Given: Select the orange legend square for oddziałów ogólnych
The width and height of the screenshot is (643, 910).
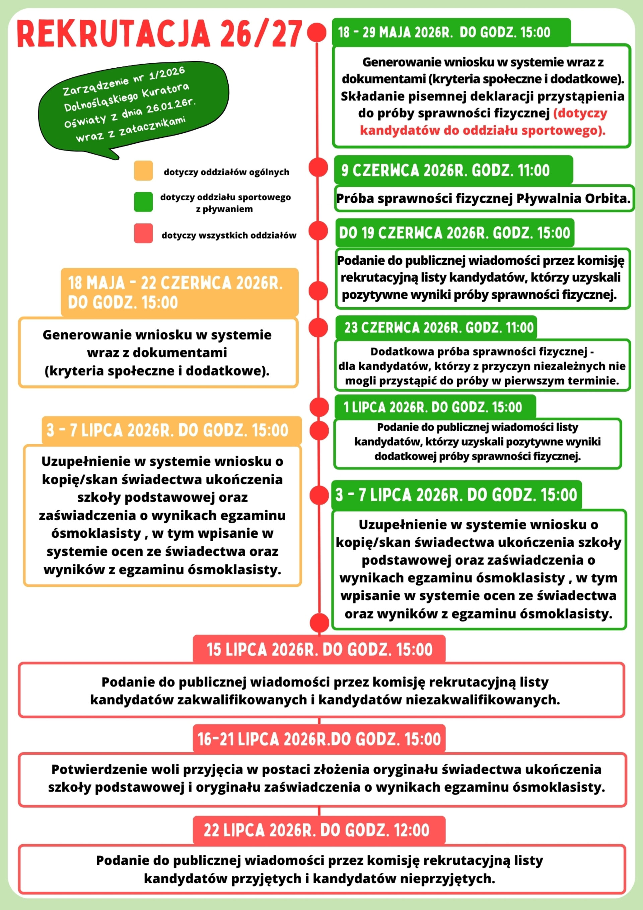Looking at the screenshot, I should coord(143,171).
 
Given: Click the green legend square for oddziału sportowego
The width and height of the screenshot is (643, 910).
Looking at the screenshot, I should coord(143,202).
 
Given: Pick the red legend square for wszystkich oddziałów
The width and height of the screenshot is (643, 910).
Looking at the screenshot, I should coord(143,233).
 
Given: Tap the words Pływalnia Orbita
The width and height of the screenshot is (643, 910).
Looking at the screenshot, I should coord(573,198).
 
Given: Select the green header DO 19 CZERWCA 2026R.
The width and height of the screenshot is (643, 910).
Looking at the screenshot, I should coord(454,233).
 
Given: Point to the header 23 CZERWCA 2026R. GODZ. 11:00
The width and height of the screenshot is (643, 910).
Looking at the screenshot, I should coord(439,328).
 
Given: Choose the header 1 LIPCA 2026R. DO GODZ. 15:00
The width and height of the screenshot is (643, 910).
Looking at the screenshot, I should coord(433,407).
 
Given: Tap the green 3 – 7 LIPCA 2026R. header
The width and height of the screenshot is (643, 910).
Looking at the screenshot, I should coord(456,495).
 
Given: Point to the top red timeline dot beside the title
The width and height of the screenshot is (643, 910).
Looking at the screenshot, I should coord(316,32).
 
